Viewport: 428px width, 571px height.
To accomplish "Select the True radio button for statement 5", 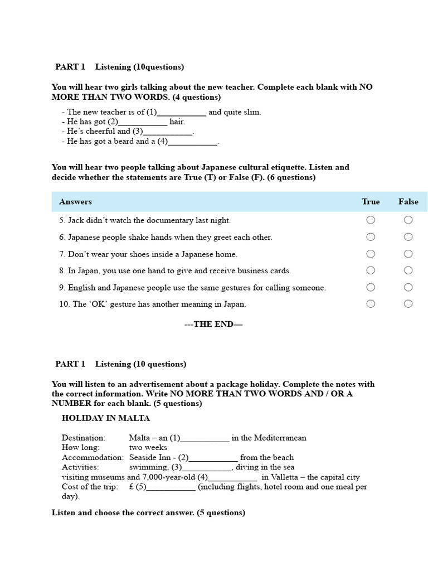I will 371,220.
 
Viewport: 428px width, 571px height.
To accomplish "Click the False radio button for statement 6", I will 408,237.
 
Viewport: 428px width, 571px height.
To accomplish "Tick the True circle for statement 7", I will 371,254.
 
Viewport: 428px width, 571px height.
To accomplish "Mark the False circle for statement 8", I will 408,270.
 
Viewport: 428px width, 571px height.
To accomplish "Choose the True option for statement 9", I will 371,287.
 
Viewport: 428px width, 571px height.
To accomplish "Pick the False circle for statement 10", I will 408,304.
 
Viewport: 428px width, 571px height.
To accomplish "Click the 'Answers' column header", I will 75,202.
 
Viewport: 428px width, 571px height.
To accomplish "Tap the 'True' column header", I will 371,202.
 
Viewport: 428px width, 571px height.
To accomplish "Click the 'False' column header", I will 408,202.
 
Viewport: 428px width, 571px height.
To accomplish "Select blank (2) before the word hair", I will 143,122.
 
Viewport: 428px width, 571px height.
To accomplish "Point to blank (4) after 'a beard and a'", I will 193,142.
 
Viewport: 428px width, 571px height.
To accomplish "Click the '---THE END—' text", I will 213,325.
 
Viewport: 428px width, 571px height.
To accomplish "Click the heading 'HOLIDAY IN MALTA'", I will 106,418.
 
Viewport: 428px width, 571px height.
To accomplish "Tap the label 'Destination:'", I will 84,438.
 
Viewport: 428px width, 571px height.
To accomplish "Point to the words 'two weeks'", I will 148,447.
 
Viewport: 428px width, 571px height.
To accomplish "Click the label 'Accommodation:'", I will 93,457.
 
